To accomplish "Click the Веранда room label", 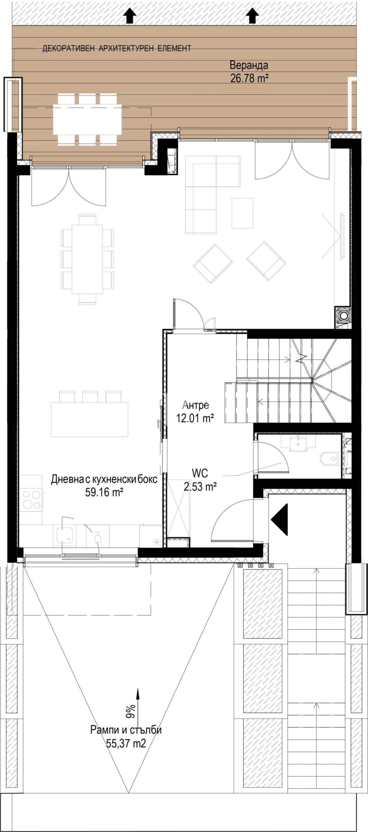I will (249, 65).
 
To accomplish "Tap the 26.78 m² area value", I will (249, 78).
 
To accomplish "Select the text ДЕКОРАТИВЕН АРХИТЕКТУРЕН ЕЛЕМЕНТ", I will (116, 48).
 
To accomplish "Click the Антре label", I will (195, 405).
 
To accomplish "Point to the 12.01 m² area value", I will (195, 418).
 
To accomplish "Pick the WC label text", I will (200, 473).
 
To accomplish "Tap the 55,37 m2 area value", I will (126, 743).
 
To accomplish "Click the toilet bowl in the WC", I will (330, 458).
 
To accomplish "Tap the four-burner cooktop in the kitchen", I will (31, 499).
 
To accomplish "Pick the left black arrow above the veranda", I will (130, 16).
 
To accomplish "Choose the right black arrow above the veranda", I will (252, 16).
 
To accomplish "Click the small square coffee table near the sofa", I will (242, 213).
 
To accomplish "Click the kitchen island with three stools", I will (89, 419).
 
